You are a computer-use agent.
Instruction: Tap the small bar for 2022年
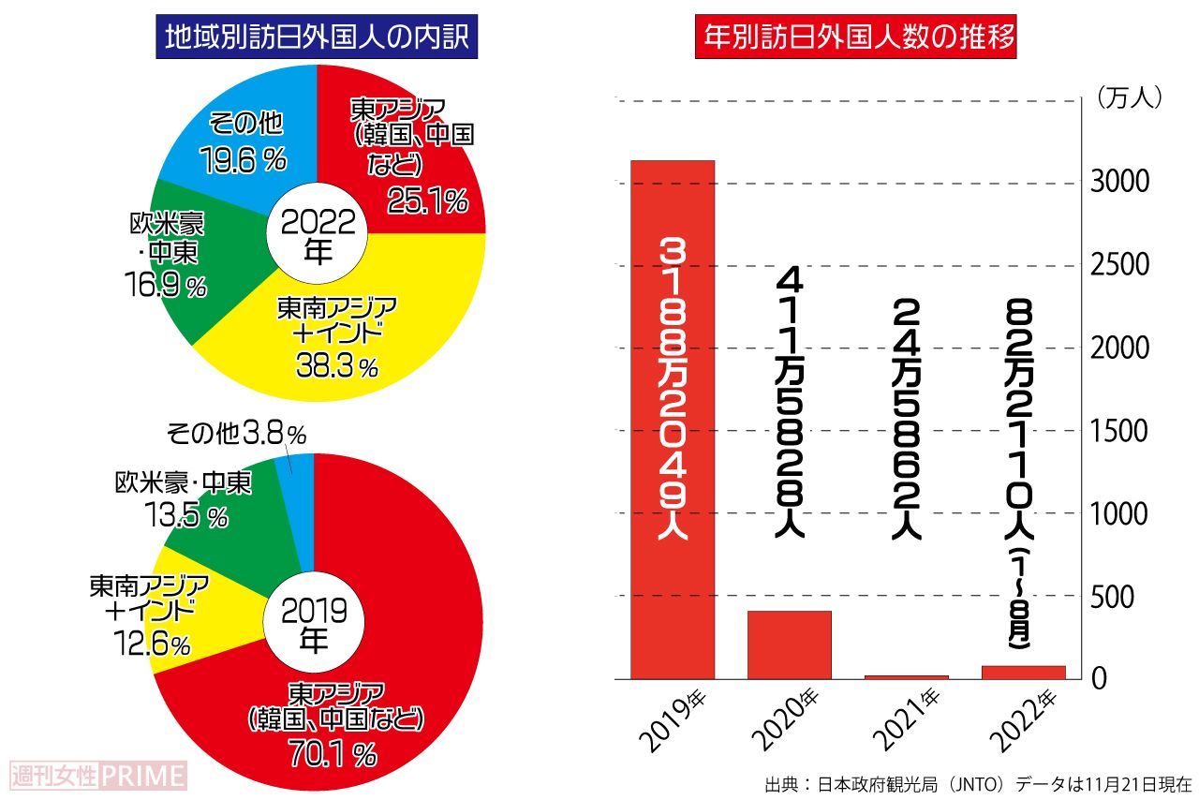coord(1024,672)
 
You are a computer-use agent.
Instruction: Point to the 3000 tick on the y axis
coord(1120,182)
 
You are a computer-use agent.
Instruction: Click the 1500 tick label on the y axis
coord(1120,431)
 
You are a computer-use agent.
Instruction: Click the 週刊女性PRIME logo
coord(97,776)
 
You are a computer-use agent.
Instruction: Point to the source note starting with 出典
coord(977,783)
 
